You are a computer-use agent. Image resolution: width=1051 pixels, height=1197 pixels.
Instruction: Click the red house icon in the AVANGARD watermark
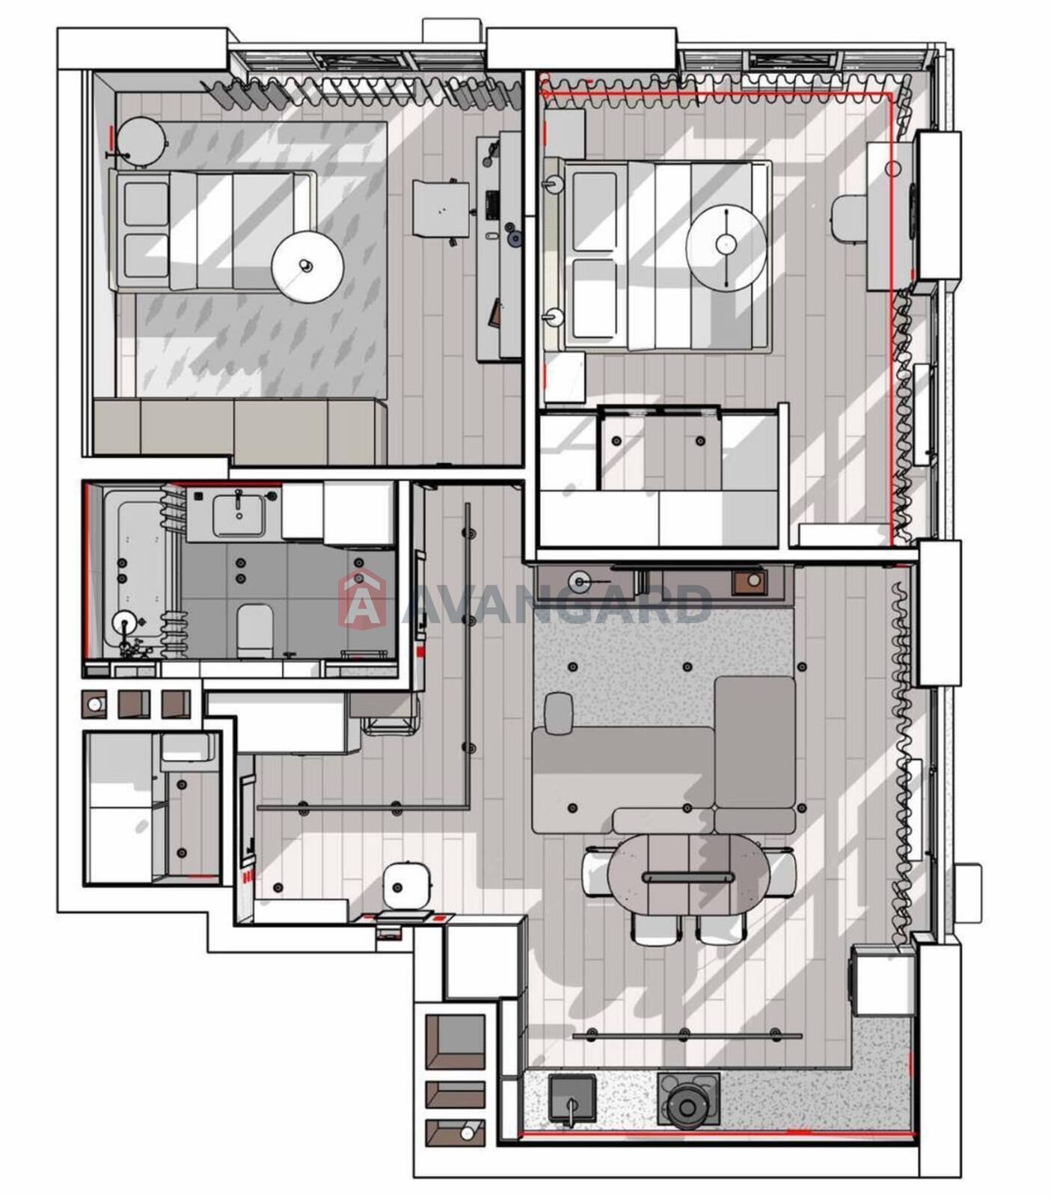[362, 599]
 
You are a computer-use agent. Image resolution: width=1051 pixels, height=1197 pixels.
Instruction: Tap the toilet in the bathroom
[254, 630]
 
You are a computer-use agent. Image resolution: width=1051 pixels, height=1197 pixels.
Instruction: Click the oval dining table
[688, 874]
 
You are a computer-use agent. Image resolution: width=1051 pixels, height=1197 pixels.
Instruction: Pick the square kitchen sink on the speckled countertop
[572, 1098]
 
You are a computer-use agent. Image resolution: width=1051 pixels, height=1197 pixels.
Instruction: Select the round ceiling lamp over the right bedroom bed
[726, 244]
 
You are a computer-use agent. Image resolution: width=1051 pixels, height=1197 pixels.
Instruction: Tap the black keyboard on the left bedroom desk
[492, 204]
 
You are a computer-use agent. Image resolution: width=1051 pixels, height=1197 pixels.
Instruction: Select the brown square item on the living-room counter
[749, 582]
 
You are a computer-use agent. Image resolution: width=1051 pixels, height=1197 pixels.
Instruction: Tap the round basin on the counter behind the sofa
[580, 581]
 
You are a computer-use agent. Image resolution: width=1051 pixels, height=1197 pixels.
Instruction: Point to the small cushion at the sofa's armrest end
[559, 714]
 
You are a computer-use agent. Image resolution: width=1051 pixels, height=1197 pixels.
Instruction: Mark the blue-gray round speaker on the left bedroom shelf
[513, 239]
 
